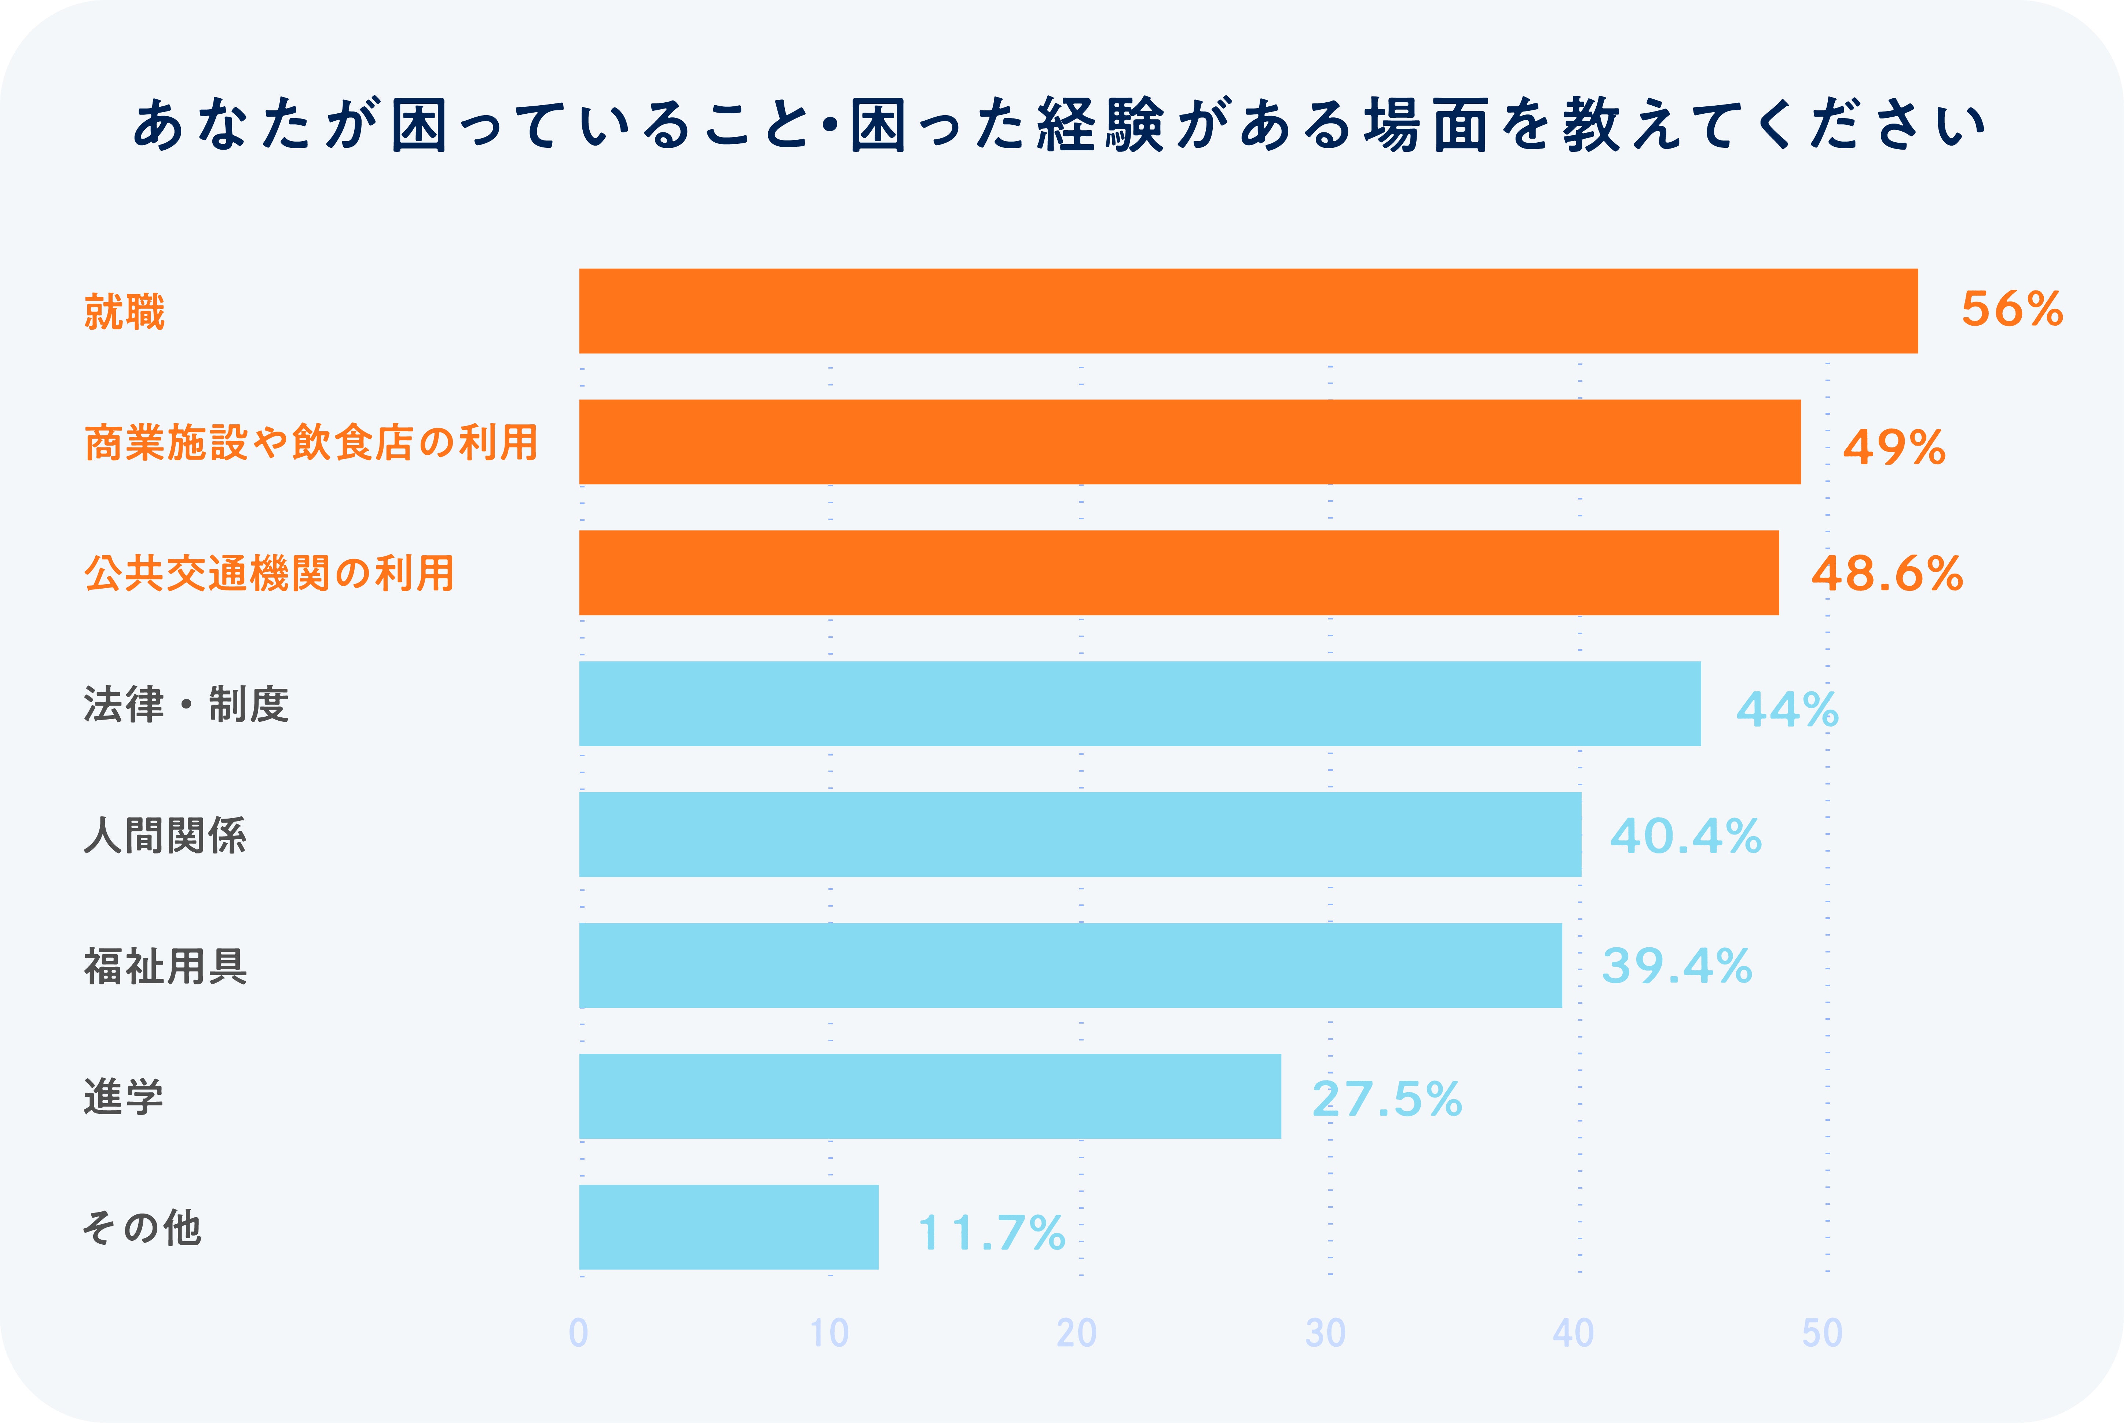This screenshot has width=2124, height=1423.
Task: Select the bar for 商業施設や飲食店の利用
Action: [x=1190, y=442]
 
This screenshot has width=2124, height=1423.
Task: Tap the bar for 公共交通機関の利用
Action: [x=1179, y=573]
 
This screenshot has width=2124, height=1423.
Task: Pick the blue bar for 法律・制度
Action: [x=1140, y=703]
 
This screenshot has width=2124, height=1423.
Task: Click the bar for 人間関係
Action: [x=1080, y=834]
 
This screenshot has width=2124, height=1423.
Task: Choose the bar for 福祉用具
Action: [x=1071, y=965]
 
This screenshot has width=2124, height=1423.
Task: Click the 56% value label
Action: [x=2011, y=310]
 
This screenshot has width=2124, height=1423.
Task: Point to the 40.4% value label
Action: [x=1685, y=836]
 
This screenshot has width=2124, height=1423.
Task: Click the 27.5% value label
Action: [x=1387, y=1099]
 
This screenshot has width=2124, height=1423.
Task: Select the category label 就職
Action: [x=124, y=311]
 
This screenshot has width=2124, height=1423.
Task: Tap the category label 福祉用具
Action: [x=165, y=966]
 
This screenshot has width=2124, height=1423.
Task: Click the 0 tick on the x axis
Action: [x=579, y=1332]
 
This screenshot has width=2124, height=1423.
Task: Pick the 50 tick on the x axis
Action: [x=1822, y=1332]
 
